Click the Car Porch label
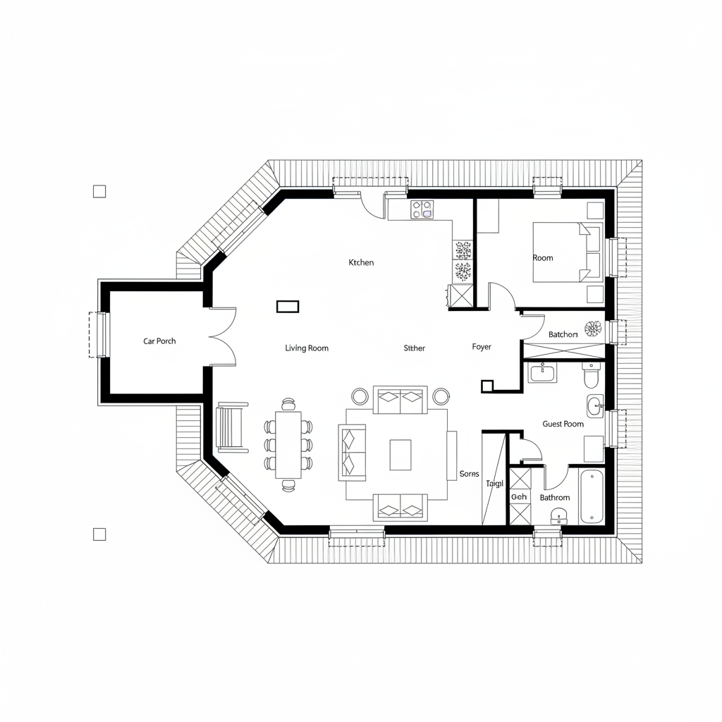(x=159, y=341)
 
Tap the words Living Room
(x=307, y=348)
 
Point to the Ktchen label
(x=361, y=262)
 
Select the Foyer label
(x=482, y=347)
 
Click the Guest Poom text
(x=563, y=424)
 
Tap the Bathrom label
(x=554, y=498)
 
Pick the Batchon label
(x=563, y=334)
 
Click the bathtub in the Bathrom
(x=592, y=496)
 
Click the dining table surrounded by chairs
(x=288, y=444)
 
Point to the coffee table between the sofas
(x=400, y=455)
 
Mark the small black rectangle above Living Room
(x=288, y=306)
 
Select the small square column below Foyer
(x=486, y=386)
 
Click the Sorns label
(x=469, y=474)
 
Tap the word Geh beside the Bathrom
(x=518, y=497)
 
